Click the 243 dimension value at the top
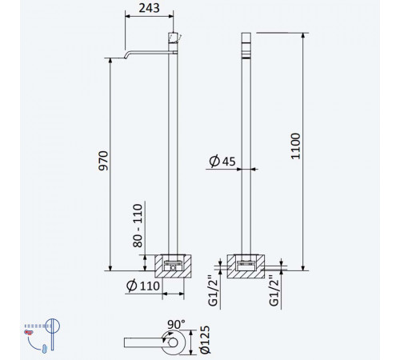[149, 8]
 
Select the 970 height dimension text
[103, 161]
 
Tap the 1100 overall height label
[295, 146]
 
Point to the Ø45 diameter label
[222, 161]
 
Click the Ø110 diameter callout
[143, 286]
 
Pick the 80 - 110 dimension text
[138, 226]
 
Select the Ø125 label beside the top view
[206, 340]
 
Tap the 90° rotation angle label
[176, 325]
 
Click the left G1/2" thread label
[214, 290]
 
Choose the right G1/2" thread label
[274, 290]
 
